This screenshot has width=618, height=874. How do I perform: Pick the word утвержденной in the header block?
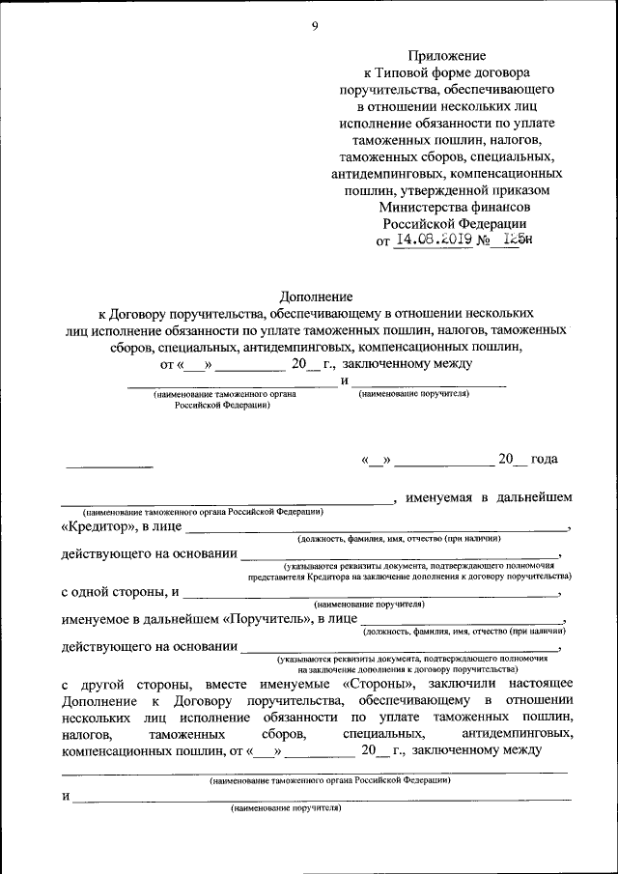coord(448,188)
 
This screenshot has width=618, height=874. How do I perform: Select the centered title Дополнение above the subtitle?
coord(316,296)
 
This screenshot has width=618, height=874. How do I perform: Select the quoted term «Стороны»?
coord(378,683)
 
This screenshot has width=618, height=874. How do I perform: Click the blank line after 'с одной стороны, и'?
coord(377,597)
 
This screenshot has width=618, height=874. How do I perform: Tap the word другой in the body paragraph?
coord(108,683)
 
